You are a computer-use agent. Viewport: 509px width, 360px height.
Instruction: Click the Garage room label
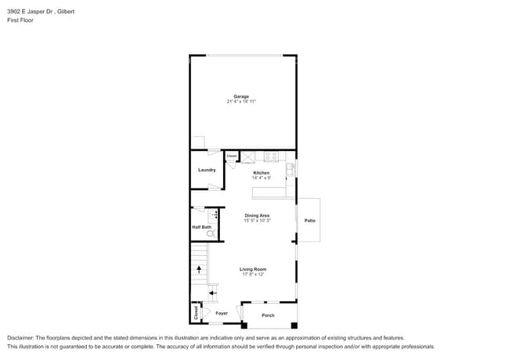241,96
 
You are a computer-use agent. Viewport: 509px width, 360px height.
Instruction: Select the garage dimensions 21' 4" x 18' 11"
241,102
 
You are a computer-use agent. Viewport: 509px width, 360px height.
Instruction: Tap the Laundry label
207,170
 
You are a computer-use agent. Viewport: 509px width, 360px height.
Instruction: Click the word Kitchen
261,172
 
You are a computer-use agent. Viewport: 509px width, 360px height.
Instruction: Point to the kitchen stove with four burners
271,156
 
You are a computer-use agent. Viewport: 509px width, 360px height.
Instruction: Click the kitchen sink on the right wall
291,167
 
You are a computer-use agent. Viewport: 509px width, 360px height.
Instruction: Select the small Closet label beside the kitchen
232,157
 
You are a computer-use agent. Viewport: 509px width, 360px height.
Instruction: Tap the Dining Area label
257,215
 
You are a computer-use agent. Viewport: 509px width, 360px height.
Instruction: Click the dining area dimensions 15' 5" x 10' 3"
257,221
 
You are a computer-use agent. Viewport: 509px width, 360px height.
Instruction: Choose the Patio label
309,221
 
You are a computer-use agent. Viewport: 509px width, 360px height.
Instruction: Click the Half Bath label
201,228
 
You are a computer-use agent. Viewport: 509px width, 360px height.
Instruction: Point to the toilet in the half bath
209,232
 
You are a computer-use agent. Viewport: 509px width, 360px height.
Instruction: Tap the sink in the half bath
213,214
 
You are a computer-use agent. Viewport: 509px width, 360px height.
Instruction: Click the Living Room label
253,269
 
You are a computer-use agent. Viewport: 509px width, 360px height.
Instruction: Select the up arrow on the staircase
199,269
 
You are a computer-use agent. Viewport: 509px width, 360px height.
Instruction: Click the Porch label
268,315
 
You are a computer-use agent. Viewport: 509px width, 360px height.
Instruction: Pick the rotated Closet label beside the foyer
196,312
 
